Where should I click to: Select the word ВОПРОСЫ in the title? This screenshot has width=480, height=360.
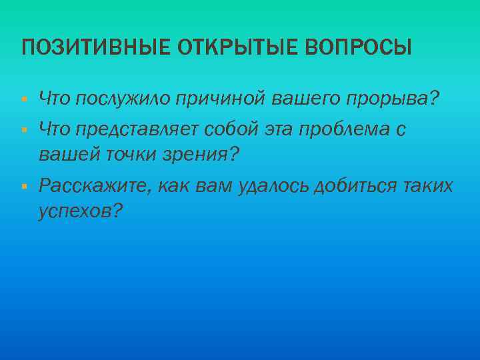point(359,48)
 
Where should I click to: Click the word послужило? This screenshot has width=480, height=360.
point(124,99)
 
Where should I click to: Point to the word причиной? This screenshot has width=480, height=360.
point(222,99)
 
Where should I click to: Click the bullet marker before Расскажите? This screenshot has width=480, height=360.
point(24,185)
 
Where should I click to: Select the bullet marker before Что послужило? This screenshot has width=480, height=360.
point(24,100)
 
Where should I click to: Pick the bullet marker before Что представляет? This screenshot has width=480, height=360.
point(24,128)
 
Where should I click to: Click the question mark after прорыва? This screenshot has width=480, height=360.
point(435,99)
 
